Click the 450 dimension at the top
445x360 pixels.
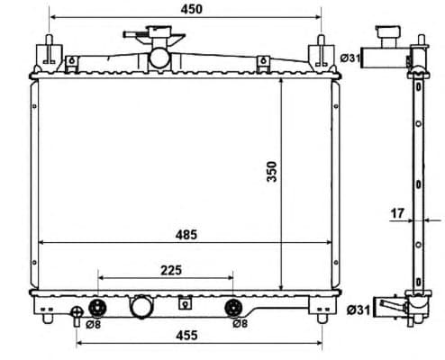point(191,9)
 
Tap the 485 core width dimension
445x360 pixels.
point(187,235)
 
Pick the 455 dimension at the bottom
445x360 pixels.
point(187,336)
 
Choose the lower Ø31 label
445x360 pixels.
point(357,310)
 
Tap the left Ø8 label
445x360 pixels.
point(92,323)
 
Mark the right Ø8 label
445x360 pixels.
point(240,323)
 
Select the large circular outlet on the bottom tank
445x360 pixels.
point(142,307)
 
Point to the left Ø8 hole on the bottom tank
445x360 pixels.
point(95,306)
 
